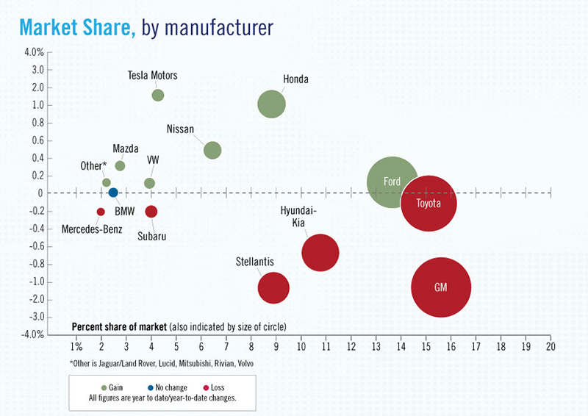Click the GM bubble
pos(441,287)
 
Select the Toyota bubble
pos(429,203)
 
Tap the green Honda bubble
pos(271,104)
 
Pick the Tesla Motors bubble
pos(157,95)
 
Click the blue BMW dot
pos(113,193)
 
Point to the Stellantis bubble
pos(273,287)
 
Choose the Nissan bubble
pos(212,150)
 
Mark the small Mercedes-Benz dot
pos(101,212)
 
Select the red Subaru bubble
pos(151,212)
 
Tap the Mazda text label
pos(126,149)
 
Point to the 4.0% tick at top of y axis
pos(35,52)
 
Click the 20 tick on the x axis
pos(550,345)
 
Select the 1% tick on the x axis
pos(76,345)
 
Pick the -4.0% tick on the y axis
pos(32,334)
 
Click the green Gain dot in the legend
pos(104,387)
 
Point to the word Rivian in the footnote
pos(223,364)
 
